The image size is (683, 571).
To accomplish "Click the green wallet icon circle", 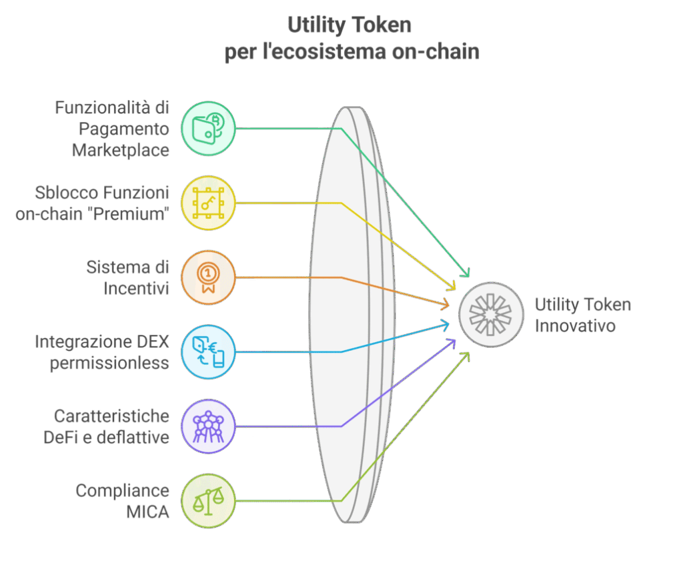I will (208, 129).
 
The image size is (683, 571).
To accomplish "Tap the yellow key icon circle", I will (208, 203).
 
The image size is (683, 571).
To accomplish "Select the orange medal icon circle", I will (208, 277).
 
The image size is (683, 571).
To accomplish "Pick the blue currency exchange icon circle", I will (208, 352).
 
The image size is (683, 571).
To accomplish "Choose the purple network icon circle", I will (208, 426).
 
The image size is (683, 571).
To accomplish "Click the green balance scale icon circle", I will (208, 500).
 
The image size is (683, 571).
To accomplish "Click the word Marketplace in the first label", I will (121, 150).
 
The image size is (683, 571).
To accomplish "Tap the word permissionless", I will (109, 364).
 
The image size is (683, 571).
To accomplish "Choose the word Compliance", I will (123, 492).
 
